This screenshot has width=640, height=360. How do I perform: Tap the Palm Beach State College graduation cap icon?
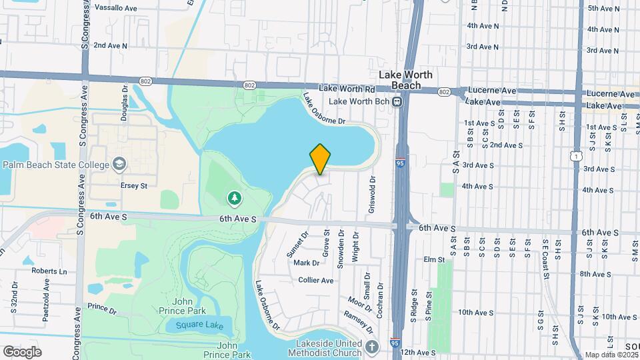119,164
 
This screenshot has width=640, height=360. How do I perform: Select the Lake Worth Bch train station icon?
397,102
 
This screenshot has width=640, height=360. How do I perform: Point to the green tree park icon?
234,198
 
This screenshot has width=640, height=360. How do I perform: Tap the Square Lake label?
199,326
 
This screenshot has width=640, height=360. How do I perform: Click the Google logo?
22,351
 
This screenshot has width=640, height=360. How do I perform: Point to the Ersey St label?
133,186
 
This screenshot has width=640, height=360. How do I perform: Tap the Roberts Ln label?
53,271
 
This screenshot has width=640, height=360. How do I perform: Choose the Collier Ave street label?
316,281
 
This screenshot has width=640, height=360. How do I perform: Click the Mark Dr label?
306,263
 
